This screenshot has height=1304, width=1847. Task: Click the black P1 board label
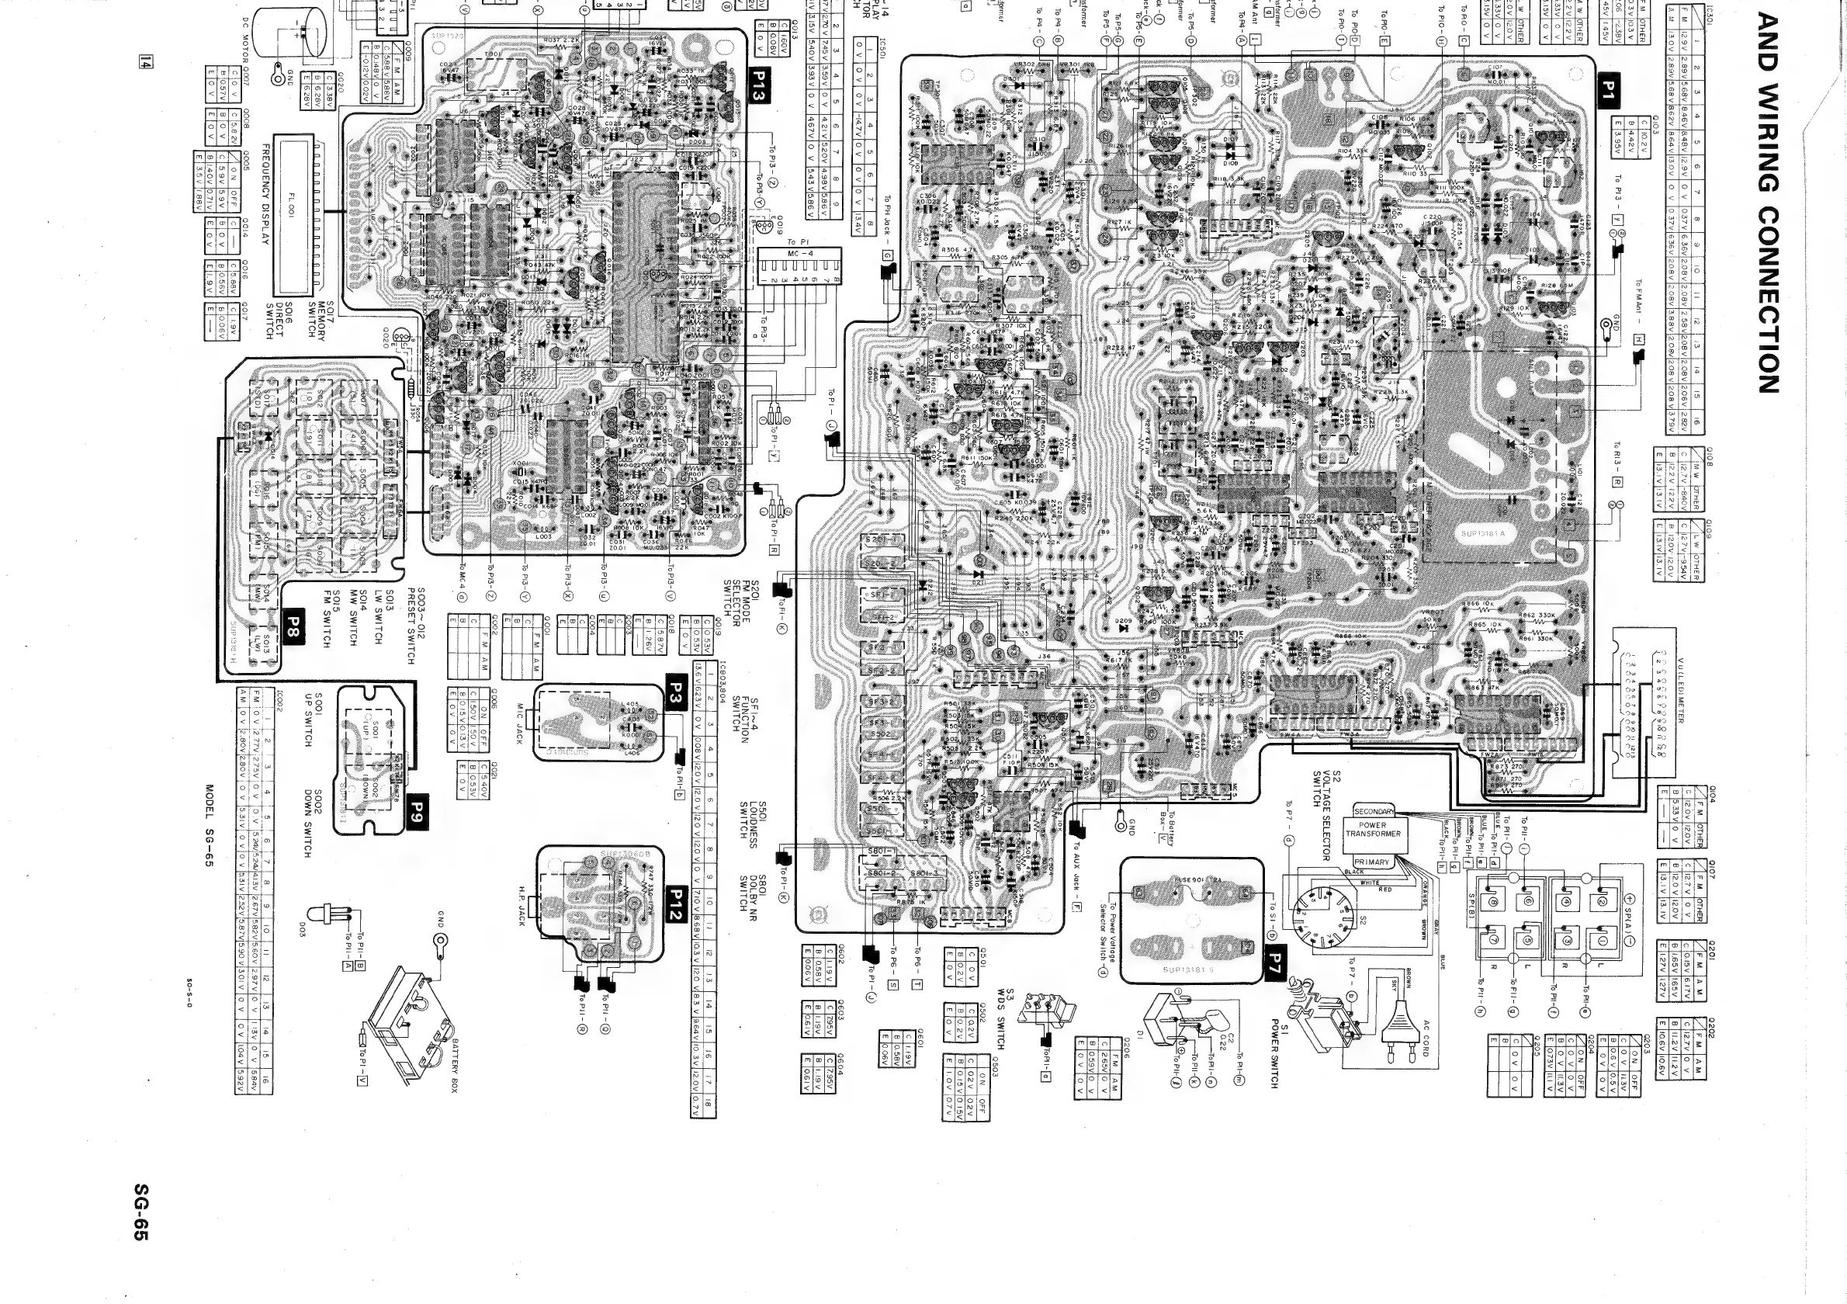(x=1607, y=90)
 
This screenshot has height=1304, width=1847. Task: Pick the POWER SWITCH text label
(x=1274, y=1053)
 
